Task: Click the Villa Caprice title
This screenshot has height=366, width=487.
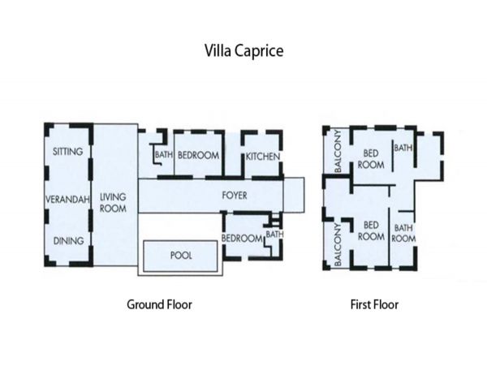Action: (x=243, y=51)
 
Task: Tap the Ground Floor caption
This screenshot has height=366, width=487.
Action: (x=159, y=304)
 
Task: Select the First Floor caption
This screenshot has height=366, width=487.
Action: (x=374, y=304)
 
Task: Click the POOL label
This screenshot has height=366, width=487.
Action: (x=181, y=256)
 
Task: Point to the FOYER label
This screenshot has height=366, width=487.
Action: (x=235, y=196)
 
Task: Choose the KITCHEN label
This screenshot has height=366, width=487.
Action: (x=263, y=157)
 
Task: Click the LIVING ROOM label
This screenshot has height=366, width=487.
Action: (x=113, y=203)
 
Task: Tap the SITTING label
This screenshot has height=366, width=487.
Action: (x=67, y=152)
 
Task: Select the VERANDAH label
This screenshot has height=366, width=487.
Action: (x=67, y=200)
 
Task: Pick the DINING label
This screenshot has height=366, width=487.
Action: (x=69, y=241)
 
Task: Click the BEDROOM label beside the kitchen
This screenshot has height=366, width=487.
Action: (x=198, y=155)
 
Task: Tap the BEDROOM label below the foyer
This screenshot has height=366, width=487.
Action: (x=242, y=239)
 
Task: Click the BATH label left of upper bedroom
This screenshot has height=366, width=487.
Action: (x=164, y=154)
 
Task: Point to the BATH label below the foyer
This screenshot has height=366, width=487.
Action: (x=274, y=234)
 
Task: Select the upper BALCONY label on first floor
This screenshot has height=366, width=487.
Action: (x=338, y=151)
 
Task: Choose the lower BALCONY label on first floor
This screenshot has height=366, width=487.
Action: (x=338, y=244)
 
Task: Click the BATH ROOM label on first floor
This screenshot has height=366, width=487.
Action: (x=403, y=233)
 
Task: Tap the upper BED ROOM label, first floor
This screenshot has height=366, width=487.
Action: (x=371, y=159)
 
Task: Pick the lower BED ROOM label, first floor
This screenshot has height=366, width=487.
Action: (x=371, y=230)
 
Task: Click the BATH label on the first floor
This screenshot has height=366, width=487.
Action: (x=403, y=148)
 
